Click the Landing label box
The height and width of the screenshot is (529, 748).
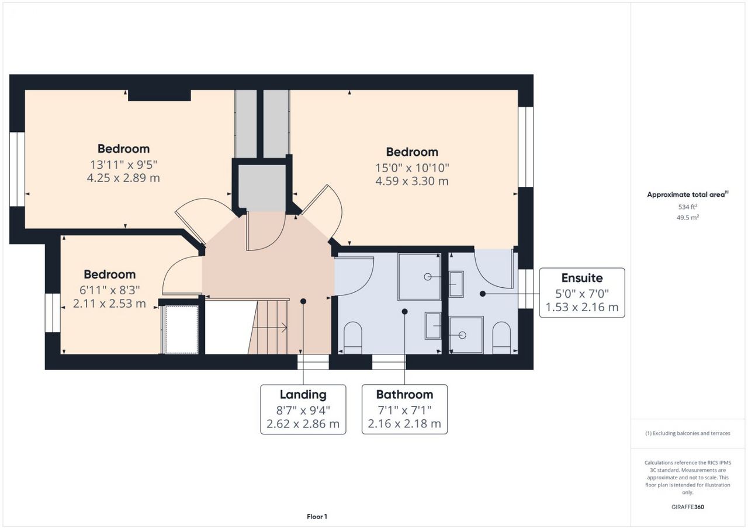pyautogui.click(x=303, y=409)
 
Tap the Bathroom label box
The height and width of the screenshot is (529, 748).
pyautogui.click(x=404, y=409)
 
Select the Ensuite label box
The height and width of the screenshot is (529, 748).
pyautogui.click(x=582, y=293)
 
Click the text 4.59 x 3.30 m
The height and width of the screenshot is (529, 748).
pyautogui.click(x=412, y=181)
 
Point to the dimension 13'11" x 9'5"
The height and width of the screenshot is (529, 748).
pyautogui.click(x=123, y=165)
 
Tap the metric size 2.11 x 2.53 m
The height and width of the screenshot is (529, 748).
pyautogui.click(x=109, y=304)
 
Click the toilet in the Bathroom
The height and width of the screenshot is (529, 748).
pyautogui.click(x=352, y=337)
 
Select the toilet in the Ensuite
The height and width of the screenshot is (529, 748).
pyautogui.click(x=501, y=337)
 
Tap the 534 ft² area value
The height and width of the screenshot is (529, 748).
pyautogui.click(x=688, y=207)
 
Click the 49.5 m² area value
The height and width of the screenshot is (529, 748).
pyautogui.click(x=688, y=217)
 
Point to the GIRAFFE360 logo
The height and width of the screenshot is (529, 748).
pyautogui.click(x=688, y=507)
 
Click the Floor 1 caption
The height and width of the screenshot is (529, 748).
pyautogui.click(x=317, y=517)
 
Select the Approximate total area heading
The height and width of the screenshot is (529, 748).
pyautogui.click(x=688, y=194)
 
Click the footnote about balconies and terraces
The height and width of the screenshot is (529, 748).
pyautogui.click(x=688, y=433)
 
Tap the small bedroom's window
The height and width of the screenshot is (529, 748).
pyautogui.click(x=53, y=313)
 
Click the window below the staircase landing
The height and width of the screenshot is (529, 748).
pyautogui.click(x=313, y=362)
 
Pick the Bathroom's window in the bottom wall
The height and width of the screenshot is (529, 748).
pyautogui.click(x=389, y=362)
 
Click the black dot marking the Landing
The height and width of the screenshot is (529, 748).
pyautogui.click(x=303, y=301)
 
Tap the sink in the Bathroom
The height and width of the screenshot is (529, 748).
pyautogui.click(x=433, y=326)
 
